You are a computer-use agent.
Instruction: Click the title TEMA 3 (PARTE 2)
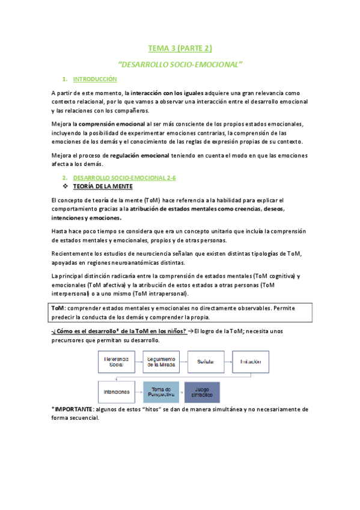(x=180, y=48)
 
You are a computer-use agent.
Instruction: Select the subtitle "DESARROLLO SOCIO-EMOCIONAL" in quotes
(x=180, y=63)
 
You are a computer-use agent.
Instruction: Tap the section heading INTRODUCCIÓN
(x=94, y=79)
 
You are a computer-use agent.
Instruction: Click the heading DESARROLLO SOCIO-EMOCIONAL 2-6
(x=124, y=178)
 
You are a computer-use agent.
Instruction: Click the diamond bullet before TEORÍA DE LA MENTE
(x=67, y=186)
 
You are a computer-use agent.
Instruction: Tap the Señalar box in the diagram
(x=206, y=361)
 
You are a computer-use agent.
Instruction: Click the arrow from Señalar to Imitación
(x=228, y=361)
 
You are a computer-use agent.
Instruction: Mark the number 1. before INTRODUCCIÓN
(x=65, y=79)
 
